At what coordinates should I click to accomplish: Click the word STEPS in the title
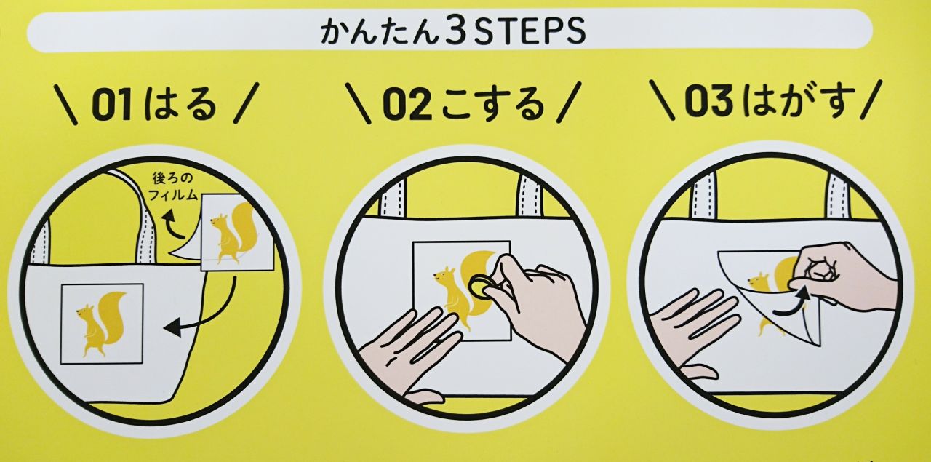[x=530, y=31]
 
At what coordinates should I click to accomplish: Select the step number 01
[x=112, y=105]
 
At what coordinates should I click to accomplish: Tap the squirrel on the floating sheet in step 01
[x=232, y=233]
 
